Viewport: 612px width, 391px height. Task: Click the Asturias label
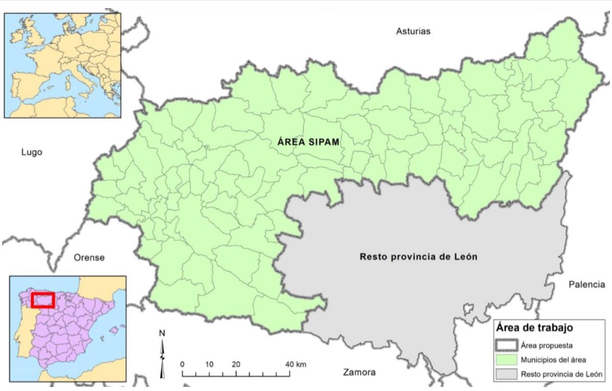coord(413,31)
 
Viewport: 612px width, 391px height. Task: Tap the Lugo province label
coord(32,152)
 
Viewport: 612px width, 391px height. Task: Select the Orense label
coord(89,257)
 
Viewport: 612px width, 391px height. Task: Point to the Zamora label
coord(359,372)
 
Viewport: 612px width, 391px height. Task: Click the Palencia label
coord(586,285)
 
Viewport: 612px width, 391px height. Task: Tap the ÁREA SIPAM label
coord(309,142)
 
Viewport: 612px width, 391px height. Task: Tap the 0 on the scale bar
coord(182,364)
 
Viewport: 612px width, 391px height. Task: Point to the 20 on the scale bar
coord(236,364)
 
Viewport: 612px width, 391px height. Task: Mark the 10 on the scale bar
coord(209,364)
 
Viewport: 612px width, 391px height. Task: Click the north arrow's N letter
coord(162,333)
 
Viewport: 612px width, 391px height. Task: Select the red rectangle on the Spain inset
coord(42,300)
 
